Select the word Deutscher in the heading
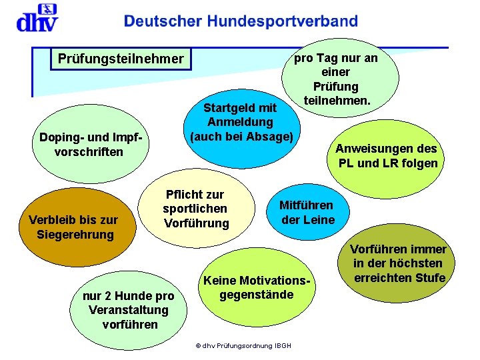tap(163, 22)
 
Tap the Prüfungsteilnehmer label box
tap(121, 59)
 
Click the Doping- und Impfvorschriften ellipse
tap(91, 144)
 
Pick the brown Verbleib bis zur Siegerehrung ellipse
tap(73, 227)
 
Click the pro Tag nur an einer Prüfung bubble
tap(340, 79)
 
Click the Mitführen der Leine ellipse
tap(306, 212)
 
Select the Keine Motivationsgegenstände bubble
tap(257, 287)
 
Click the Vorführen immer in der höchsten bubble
tap(400, 264)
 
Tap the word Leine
tap(319, 220)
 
